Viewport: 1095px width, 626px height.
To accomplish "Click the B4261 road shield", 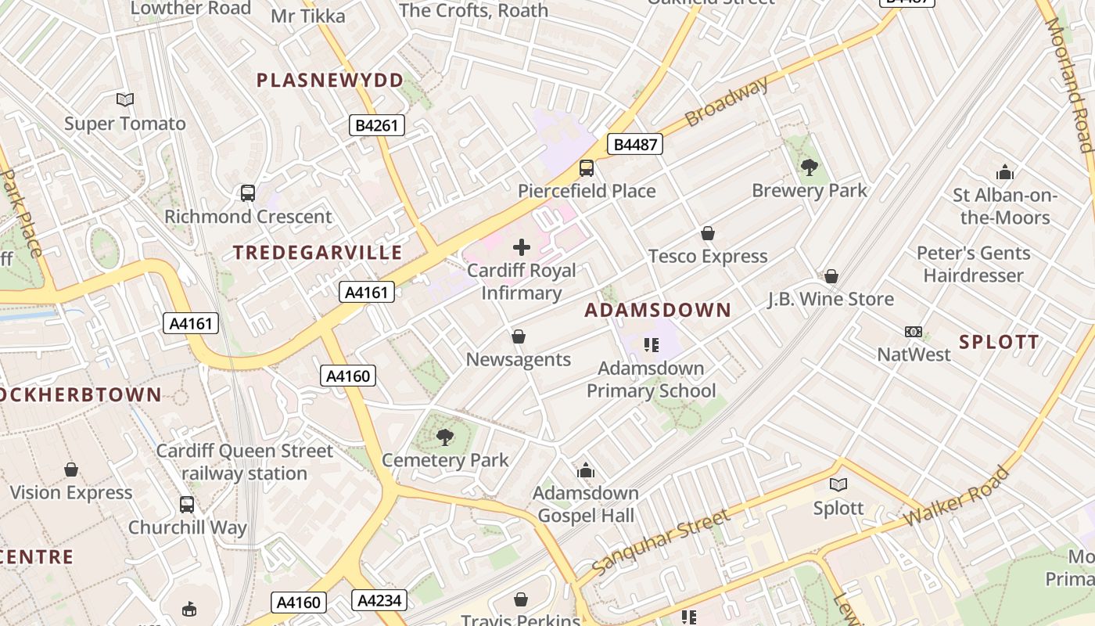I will point(376,124).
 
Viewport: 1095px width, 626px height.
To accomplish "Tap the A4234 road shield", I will point(379,600).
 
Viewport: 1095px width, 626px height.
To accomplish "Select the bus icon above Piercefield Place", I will point(586,167).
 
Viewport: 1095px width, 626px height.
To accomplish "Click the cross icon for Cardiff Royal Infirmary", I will point(521,248).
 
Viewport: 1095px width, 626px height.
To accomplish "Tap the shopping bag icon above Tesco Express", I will point(707,233).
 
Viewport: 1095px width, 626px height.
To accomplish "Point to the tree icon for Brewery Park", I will point(810,166).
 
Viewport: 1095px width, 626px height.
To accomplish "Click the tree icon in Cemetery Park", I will point(445,437).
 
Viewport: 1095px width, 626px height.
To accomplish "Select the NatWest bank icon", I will point(913,332).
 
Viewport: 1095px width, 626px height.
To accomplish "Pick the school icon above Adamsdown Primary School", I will point(651,344).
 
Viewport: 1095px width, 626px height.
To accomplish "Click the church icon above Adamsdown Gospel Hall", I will point(586,470).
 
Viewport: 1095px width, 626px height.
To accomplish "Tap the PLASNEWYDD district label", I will point(330,80).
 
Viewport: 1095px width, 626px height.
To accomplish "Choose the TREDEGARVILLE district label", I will point(318,252).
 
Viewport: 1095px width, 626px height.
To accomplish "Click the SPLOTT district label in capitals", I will point(999,342).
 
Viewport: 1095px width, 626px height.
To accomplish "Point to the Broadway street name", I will point(727,102).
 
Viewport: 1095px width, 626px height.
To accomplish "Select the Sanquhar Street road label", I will point(661,541).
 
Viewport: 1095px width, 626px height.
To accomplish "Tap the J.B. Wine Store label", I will point(830,299).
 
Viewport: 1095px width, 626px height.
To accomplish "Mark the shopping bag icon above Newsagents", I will point(518,336).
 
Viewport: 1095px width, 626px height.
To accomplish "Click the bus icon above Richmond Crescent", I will point(248,192).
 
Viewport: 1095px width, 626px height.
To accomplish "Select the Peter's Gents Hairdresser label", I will point(973,264).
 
